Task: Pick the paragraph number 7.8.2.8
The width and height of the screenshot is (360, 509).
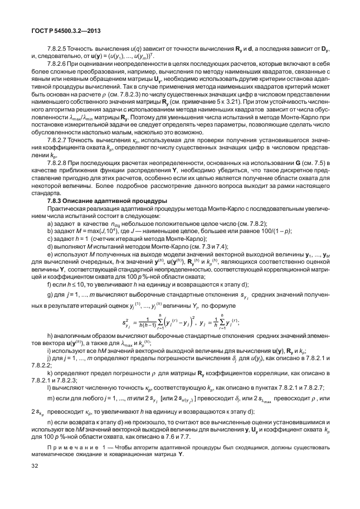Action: click(61, 161)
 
